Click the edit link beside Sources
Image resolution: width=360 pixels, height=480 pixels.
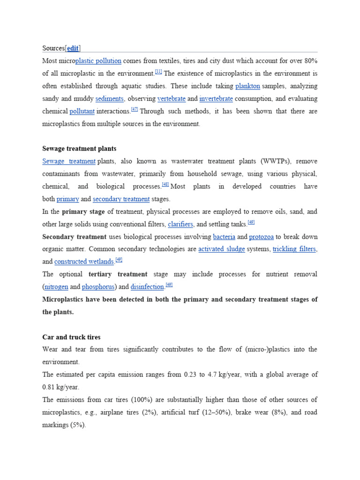[x=73, y=48]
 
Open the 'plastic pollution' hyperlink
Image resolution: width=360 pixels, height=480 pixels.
[x=98, y=61]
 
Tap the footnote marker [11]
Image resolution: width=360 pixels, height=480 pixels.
[x=158, y=72]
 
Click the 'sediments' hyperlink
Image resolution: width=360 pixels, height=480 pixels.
[x=110, y=99]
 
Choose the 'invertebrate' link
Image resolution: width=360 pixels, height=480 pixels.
[x=216, y=99]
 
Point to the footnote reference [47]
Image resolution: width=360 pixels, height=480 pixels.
[x=135, y=110]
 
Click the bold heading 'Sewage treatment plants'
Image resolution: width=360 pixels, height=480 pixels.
[x=79, y=149]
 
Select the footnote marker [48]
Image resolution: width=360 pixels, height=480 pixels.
[x=165, y=185]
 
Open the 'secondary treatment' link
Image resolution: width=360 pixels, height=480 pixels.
[x=121, y=199]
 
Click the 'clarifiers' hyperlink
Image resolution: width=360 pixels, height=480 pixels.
[x=180, y=225]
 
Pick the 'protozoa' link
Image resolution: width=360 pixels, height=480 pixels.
[x=261, y=237]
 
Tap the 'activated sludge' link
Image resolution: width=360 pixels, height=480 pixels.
[x=222, y=249]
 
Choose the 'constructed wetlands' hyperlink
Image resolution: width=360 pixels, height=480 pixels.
[x=84, y=262]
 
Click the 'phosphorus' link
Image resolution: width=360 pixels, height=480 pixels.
[x=98, y=287]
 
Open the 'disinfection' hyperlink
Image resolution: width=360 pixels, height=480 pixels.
[x=147, y=287]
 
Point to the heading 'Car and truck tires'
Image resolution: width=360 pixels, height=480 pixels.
[x=71, y=337]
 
